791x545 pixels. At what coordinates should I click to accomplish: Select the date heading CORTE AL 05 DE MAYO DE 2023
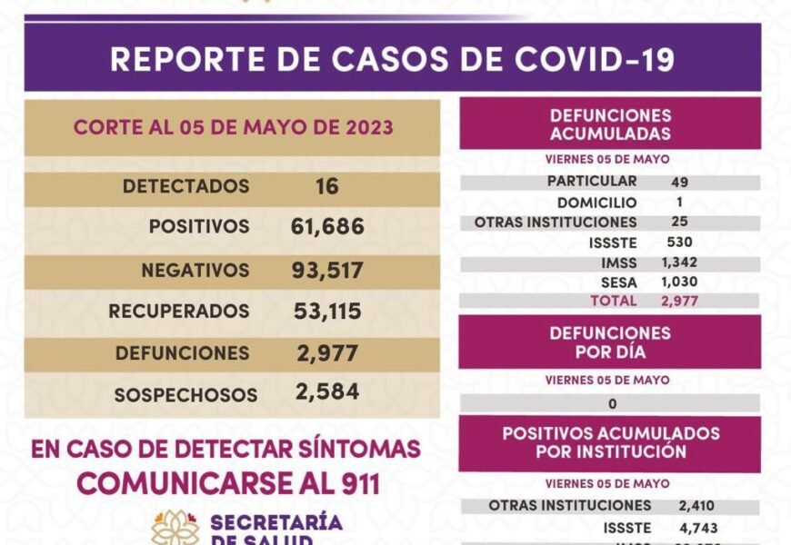(x=233, y=127)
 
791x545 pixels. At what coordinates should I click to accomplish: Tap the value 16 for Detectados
(x=327, y=186)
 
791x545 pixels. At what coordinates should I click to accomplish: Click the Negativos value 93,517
(x=328, y=270)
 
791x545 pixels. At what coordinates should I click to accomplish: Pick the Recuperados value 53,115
(x=327, y=312)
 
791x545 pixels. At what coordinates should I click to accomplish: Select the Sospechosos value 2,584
(x=327, y=392)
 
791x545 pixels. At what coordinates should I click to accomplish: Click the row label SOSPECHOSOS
(x=185, y=395)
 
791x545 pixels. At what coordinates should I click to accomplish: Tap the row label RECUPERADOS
(x=179, y=312)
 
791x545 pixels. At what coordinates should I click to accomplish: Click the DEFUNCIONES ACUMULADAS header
(x=610, y=125)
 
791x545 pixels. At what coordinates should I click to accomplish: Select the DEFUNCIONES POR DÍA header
(x=610, y=342)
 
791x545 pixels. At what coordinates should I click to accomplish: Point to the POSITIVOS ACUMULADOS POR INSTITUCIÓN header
(x=610, y=442)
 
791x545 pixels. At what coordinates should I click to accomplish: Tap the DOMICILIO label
(x=597, y=203)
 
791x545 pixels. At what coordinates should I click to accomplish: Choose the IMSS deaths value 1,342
(x=680, y=263)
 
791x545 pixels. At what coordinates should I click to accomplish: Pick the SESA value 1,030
(x=680, y=282)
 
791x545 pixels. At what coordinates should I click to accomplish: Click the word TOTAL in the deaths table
(x=614, y=301)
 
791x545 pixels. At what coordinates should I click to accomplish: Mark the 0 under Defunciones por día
(x=613, y=403)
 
